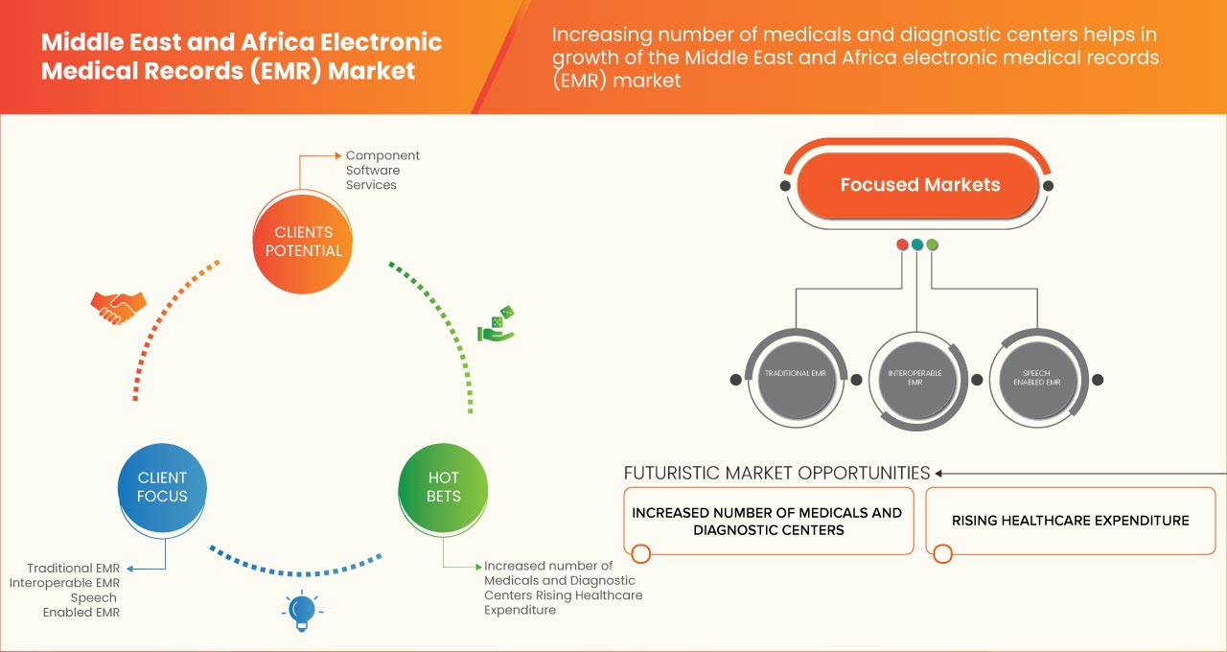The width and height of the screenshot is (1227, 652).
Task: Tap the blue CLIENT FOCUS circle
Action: (162, 487)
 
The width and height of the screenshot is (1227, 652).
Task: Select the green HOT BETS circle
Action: (444, 487)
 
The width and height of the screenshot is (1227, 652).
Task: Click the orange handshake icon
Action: (118, 307)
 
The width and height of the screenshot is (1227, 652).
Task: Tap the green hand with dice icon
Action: (496, 325)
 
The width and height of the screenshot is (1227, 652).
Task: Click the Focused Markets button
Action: (919, 185)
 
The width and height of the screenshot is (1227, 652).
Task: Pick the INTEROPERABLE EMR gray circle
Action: (917, 378)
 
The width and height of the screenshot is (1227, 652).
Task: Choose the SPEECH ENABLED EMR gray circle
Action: (1038, 378)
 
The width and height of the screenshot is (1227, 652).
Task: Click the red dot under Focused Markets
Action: (902, 245)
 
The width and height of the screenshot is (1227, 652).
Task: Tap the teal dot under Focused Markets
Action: (917, 245)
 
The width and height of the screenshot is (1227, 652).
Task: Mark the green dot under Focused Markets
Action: (933, 245)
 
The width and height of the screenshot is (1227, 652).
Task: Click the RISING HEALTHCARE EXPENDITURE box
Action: (1070, 521)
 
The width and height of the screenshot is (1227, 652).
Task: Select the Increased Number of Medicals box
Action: (767, 521)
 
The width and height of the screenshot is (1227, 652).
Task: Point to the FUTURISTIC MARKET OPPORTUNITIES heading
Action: (776, 473)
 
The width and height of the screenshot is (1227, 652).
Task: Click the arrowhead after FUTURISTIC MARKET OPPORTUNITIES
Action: (939, 473)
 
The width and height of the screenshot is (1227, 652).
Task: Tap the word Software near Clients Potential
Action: (373, 170)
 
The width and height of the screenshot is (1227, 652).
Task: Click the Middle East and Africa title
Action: (242, 57)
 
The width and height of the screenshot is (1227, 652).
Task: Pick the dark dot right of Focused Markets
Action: (1049, 185)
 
